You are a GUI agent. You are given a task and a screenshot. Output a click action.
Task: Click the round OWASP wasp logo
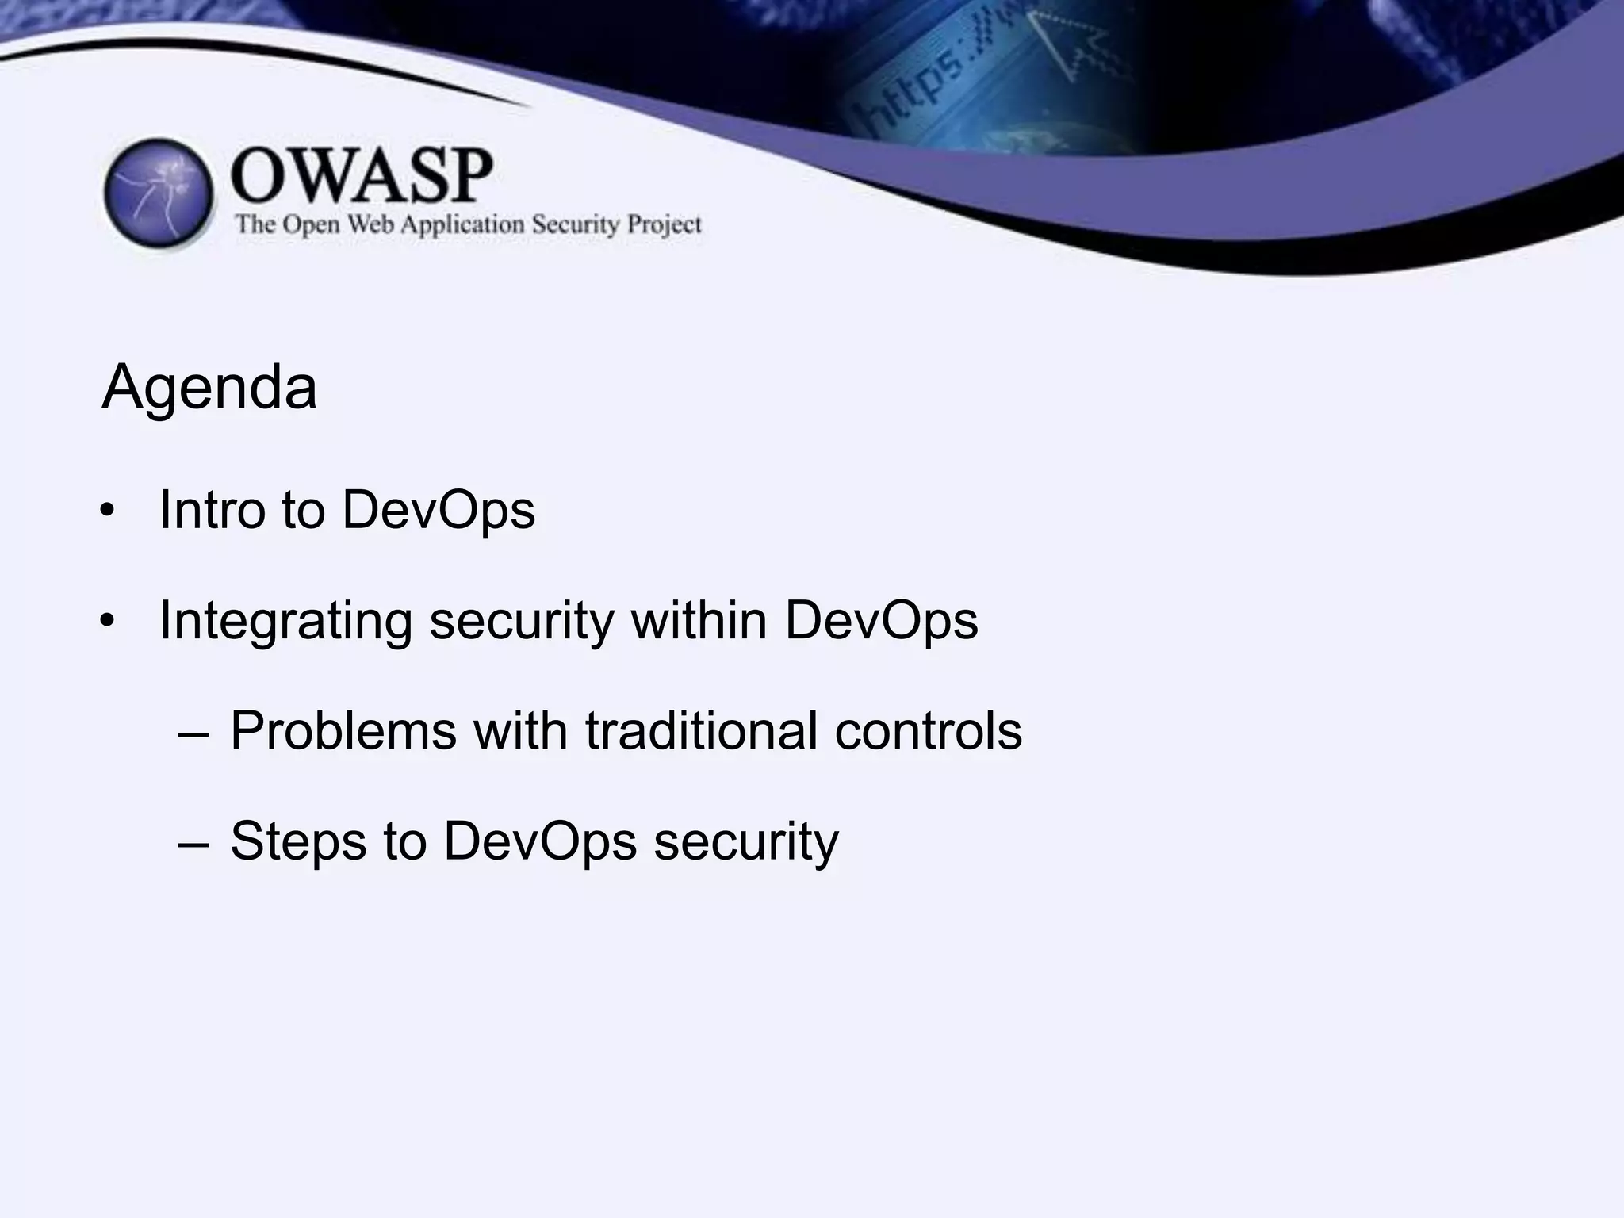coord(159,193)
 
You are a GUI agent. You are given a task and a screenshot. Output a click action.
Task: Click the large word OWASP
coord(362,176)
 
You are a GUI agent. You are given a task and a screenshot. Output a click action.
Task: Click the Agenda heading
coord(209,387)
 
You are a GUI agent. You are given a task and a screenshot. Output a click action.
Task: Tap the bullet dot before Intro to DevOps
coord(108,511)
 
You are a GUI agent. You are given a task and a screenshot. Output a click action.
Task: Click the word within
coord(699,620)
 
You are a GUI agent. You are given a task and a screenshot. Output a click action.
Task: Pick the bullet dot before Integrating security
coord(108,622)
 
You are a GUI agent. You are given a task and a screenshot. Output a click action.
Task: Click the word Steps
coord(298,841)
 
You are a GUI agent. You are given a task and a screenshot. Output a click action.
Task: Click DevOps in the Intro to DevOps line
coord(439,509)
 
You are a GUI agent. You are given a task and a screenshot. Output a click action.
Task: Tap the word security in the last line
coord(745,841)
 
